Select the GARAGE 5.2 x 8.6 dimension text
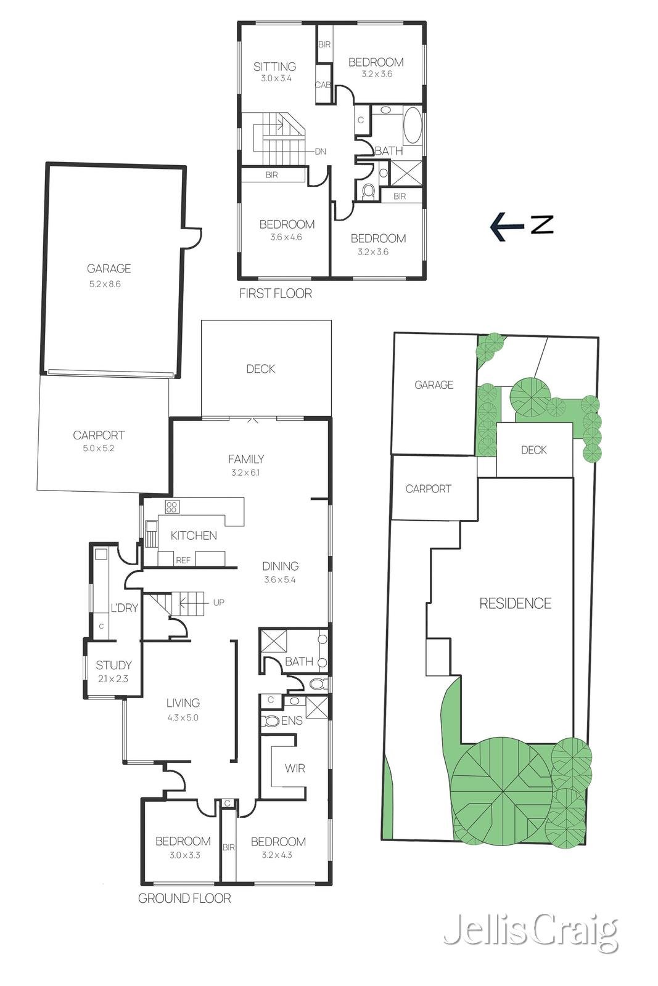[105, 284]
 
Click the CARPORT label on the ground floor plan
[99, 435]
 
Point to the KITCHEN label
[194, 536]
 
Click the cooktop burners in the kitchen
[172, 507]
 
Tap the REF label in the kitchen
[183, 560]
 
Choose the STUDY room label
[113, 665]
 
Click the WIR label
[295, 768]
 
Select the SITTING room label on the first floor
[275, 67]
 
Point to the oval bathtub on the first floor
[413, 125]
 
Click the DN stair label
[320, 152]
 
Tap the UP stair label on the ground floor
[218, 602]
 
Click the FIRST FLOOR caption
[276, 293]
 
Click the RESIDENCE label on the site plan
[516, 603]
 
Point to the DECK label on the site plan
[534, 450]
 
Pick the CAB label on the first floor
[323, 85]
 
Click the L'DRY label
[124, 608]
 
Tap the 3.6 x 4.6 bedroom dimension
[286, 237]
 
